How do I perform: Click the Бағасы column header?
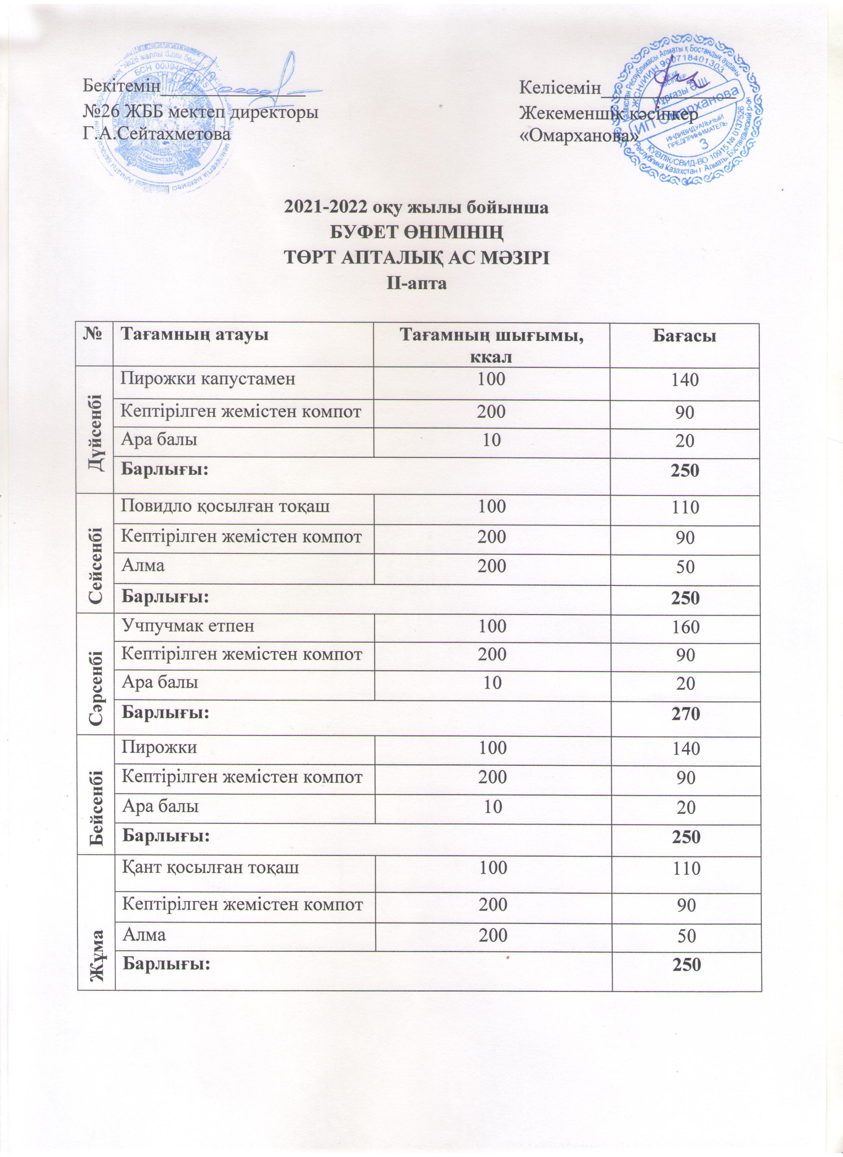(684, 336)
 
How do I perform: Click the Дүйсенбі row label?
(96, 430)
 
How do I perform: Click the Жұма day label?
(96, 950)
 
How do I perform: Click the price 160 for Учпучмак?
(685, 627)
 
